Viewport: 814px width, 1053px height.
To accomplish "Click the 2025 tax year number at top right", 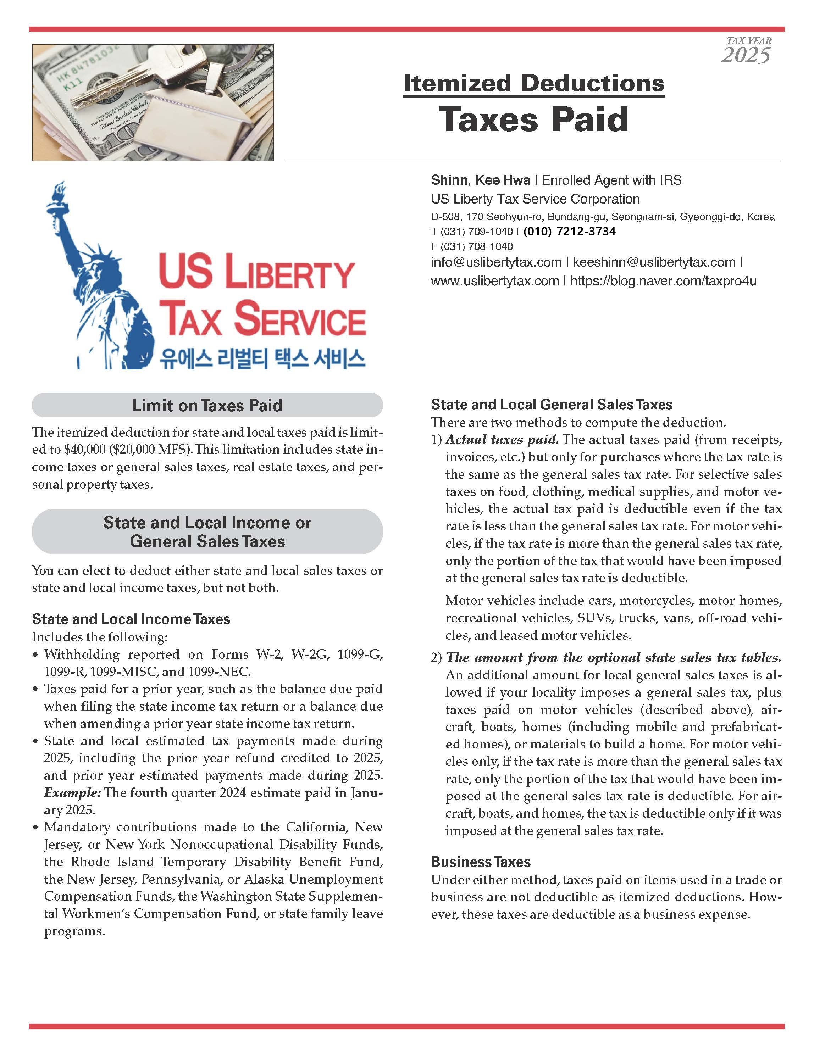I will click(x=746, y=55).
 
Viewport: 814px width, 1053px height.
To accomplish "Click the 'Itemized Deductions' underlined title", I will click(x=534, y=83).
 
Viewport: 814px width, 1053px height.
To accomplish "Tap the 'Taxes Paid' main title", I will click(x=534, y=119).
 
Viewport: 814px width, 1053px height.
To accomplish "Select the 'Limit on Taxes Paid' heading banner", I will click(x=207, y=405).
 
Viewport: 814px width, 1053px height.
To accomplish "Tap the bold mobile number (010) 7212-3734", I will click(x=570, y=232).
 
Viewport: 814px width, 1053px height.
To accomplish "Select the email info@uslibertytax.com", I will click(x=496, y=262).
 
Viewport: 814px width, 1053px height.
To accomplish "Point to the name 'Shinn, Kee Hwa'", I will click(x=480, y=180).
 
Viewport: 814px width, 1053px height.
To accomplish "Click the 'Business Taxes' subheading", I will click(x=481, y=862).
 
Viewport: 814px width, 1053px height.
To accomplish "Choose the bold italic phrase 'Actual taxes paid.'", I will click(x=502, y=440).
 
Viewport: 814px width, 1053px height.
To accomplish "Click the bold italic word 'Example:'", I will click(x=72, y=793).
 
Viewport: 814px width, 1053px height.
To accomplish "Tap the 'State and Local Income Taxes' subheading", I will click(x=131, y=619).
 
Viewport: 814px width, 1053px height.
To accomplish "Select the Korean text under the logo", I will click(x=262, y=359).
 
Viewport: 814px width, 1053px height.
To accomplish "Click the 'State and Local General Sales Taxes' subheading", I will click(x=552, y=405).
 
